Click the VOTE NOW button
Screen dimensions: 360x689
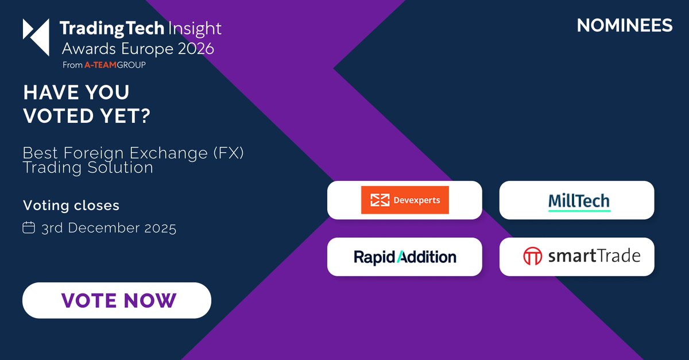pos(117,300)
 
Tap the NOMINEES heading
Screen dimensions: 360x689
pos(625,26)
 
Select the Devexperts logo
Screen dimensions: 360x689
pos(404,200)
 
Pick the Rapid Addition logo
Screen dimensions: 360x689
pos(405,257)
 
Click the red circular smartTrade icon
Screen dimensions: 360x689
pos(532,256)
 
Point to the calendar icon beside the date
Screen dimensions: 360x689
pos(29,228)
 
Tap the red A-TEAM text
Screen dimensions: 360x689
pos(98,65)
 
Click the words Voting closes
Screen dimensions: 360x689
pos(71,205)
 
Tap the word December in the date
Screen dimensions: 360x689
pos(109,228)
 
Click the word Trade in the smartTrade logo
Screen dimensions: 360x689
pos(618,256)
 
